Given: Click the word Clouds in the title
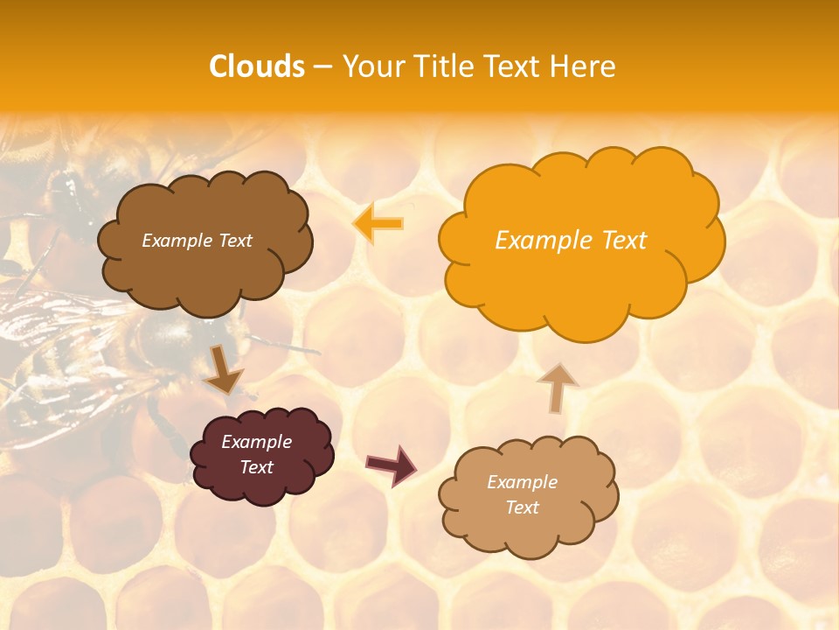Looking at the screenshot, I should pos(257,66).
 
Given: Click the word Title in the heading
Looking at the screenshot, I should pos(443,66).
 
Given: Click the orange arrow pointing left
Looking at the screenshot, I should pos(378,223).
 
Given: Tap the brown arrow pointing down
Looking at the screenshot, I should pos(224,370).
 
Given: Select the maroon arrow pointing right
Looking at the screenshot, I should pos(392,465).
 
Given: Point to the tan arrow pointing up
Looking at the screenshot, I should pos(557,388).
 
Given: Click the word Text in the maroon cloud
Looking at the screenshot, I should pos(257,467).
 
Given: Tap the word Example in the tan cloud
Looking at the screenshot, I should pos(522,482).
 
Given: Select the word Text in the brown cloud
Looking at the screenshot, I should pos(233,241).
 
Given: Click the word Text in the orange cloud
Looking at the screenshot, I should pos(625,241).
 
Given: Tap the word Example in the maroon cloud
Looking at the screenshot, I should pos(257,442).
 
